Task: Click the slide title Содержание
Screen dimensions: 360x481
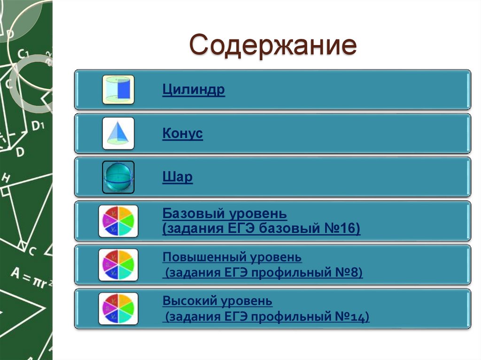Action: tap(273, 46)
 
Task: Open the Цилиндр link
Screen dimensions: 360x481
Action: tap(194, 90)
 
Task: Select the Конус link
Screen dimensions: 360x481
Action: tap(182, 133)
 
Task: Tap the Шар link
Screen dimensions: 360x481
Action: tap(177, 177)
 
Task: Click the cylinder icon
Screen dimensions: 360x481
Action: tap(118, 90)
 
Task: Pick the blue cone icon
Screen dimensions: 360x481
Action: tap(118, 133)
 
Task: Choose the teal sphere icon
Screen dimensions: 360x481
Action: tap(118, 177)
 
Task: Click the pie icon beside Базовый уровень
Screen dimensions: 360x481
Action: tap(118, 221)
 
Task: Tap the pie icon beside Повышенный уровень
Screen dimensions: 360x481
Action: tap(118, 265)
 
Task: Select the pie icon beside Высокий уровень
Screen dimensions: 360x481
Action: tap(118, 308)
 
